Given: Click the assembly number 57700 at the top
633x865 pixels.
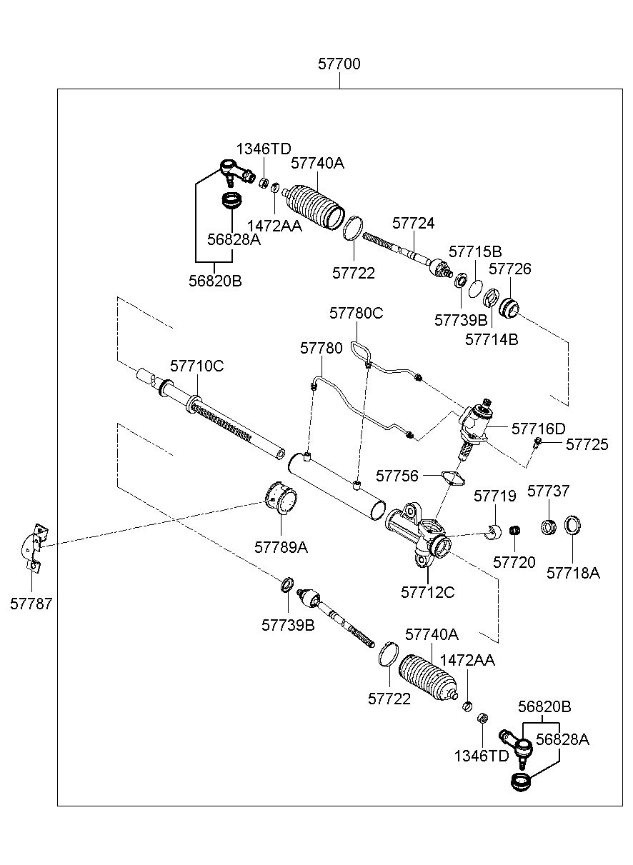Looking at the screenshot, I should pyautogui.click(x=339, y=64).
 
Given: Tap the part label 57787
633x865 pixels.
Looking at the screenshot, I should pyautogui.click(x=31, y=604).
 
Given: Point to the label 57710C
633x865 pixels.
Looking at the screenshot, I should pyautogui.click(x=196, y=366).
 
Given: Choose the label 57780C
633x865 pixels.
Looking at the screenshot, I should pyautogui.click(x=356, y=313).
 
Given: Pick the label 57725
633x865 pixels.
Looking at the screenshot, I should pyautogui.click(x=587, y=445).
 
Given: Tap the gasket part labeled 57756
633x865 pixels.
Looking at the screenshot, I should pyautogui.click(x=452, y=476).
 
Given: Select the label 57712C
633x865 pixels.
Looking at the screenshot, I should pyautogui.click(x=427, y=592).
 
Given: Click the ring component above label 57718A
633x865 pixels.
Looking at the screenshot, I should pyautogui.click(x=572, y=526).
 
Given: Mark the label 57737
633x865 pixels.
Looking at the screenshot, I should pyautogui.click(x=548, y=491).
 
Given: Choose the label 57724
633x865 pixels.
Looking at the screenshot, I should pyautogui.click(x=413, y=224).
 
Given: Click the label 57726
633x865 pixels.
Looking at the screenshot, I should pyautogui.click(x=510, y=269).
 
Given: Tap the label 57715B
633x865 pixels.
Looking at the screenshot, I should pyautogui.click(x=475, y=251).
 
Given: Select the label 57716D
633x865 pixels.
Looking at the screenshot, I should pyautogui.click(x=538, y=429).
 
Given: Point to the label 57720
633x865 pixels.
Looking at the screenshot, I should pyautogui.click(x=514, y=562).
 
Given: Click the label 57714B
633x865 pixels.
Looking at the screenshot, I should pyautogui.click(x=492, y=340).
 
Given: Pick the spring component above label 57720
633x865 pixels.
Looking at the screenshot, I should pyautogui.click(x=514, y=530).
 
